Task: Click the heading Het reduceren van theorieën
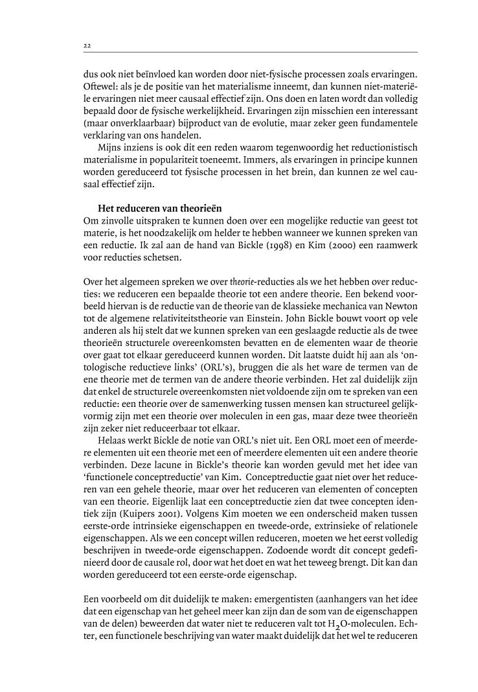pos(159,208)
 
